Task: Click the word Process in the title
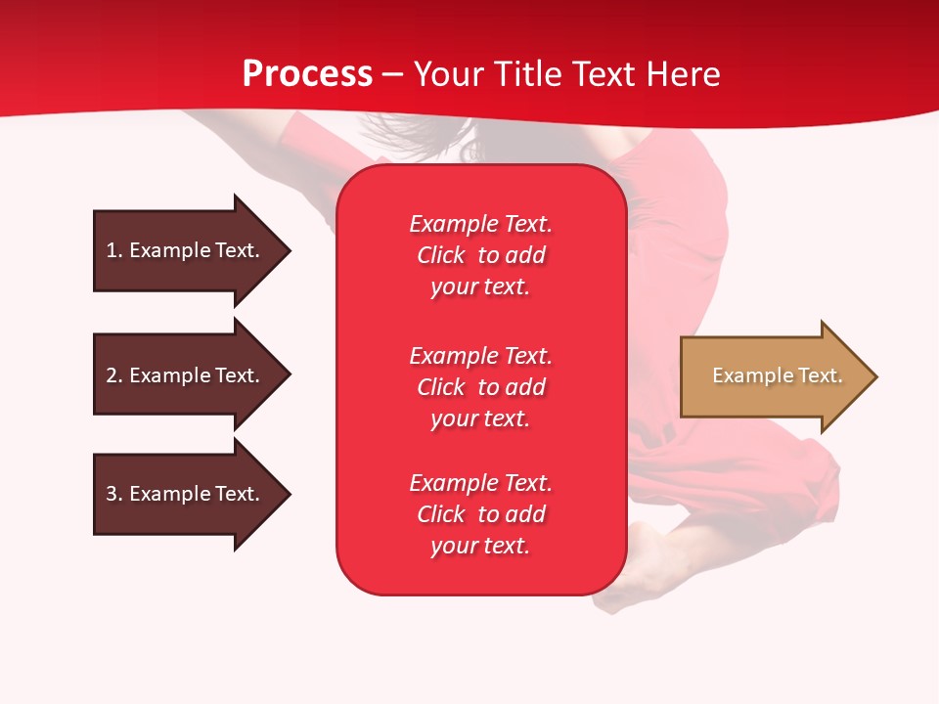click(x=307, y=74)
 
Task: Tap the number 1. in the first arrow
click(x=114, y=250)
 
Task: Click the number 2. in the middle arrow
click(x=114, y=375)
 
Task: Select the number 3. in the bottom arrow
click(x=114, y=494)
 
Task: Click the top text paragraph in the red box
click(x=480, y=255)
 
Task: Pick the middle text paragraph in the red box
click(x=480, y=387)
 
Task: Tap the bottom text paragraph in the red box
click(x=480, y=514)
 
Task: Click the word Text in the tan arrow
click(x=820, y=375)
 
